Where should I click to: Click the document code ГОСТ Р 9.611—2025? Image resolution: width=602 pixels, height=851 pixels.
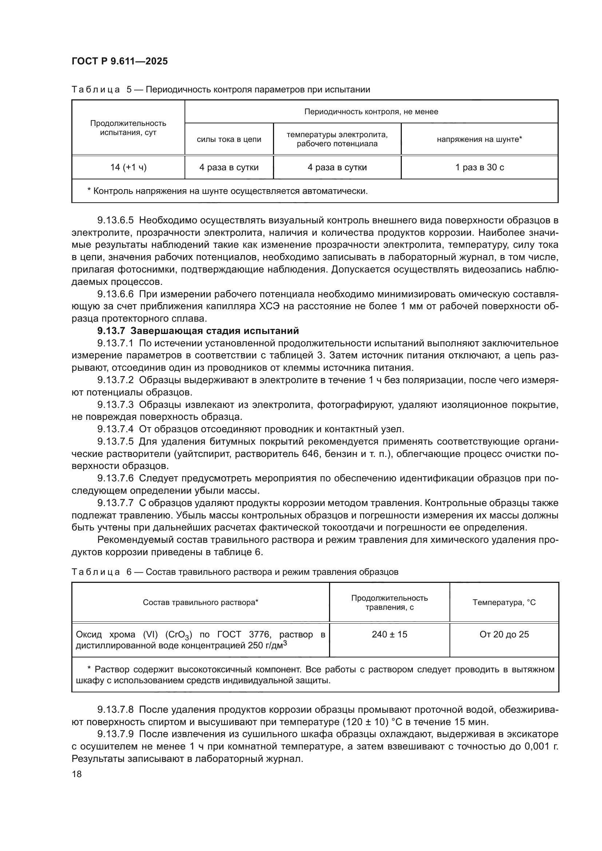pos(119,61)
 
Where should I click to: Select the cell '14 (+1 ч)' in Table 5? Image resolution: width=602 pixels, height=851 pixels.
pos(128,167)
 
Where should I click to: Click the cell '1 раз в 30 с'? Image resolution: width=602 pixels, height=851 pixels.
pos(479,167)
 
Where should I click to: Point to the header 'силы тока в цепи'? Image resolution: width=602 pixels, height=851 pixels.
pos(229,139)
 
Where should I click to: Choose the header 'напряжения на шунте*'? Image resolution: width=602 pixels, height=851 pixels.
pos(479,139)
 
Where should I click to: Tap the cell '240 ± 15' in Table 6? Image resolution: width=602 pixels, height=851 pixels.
pos(389,634)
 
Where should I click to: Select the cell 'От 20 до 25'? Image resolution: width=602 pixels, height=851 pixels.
pos(504,634)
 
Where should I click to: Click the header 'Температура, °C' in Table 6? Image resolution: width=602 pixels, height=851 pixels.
pos(504,602)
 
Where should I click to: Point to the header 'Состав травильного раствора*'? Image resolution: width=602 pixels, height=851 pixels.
pos(201,602)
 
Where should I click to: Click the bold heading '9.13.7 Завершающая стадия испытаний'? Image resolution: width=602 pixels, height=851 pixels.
pos(198,331)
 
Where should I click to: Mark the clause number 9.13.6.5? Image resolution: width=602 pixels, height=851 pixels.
pos(115,220)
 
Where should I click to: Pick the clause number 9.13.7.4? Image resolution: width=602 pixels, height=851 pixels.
pos(115,429)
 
